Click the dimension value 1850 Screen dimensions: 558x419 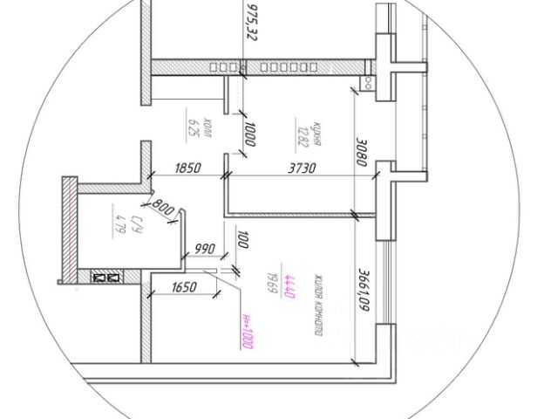[x=188, y=168]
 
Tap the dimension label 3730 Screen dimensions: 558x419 [x=296, y=168]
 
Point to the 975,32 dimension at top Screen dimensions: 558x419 [x=254, y=22]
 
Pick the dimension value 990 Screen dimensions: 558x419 [x=206, y=249]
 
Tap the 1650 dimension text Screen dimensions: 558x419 [x=184, y=287]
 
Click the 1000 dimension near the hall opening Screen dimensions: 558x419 [x=250, y=134]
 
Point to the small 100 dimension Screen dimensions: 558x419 [x=243, y=239]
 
